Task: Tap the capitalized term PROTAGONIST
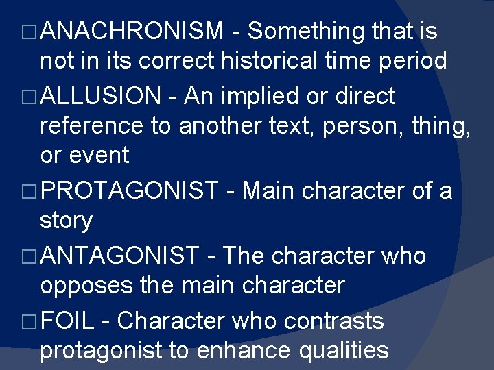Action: coord(129,190)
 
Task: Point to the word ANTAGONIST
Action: coord(120,256)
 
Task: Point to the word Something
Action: coord(306,31)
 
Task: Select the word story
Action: coord(66,221)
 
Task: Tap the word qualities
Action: coord(343,350)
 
